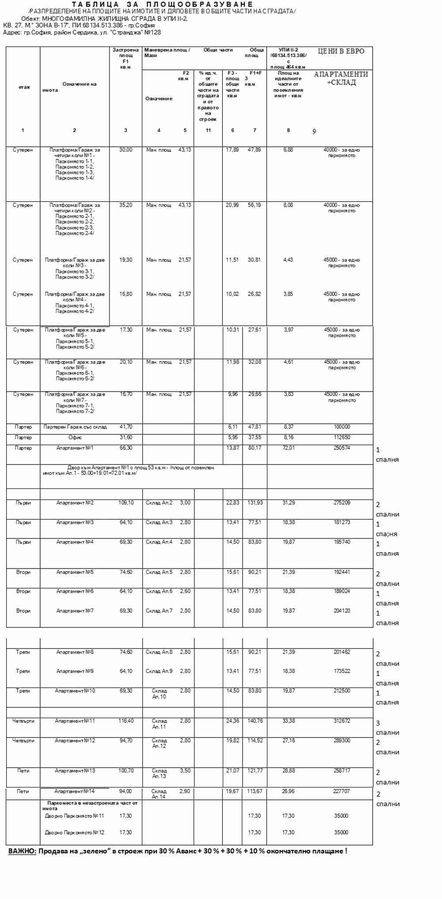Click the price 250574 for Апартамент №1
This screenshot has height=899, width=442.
tap(342, 448)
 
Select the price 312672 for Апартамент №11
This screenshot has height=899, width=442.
tap(342, 721)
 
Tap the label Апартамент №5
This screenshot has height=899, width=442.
tap(75, 572)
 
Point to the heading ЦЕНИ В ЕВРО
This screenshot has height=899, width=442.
tap(341, 51)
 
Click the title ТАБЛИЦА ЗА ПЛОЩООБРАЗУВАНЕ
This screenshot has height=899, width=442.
tap(163, 4)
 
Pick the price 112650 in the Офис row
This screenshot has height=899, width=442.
tap(342, 438)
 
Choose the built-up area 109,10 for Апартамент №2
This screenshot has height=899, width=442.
tap(126, 503)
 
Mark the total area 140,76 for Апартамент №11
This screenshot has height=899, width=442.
tap(255, 721)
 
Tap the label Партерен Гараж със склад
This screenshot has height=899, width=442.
tap(75, 427)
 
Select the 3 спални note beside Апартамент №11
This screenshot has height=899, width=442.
tap(387, 728)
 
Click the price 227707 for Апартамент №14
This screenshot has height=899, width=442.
tap(341, 791)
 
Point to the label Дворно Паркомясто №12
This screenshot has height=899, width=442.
tap(74, 832)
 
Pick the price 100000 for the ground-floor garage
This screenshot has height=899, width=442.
tap(342, 427)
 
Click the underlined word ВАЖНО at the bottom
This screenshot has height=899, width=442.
tap(22, 851)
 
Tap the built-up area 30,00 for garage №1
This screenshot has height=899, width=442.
tap(126, 150)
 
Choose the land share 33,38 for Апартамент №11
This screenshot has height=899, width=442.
tap(288, 721)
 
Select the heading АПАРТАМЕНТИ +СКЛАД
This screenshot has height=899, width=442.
tap(341, 78)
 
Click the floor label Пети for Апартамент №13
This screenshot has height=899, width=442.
tap(23, 770)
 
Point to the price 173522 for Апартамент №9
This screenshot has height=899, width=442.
tap(342, 671)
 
